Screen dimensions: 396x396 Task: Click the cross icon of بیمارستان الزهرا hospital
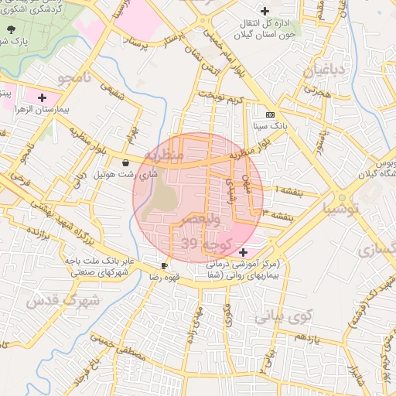coord(42,97)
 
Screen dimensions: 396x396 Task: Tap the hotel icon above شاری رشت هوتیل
coord(125,162)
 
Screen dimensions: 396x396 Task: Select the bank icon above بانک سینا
coord(270,113)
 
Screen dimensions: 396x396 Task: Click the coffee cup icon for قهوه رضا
coord(165,265)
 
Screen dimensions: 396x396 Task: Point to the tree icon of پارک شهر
coord(10,29)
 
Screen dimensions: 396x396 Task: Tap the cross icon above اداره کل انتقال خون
coord(265,11)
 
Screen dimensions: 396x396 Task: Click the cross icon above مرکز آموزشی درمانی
coord(244,252)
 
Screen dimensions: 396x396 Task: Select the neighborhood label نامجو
coord(74,77)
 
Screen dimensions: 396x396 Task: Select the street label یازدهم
coord(308,338)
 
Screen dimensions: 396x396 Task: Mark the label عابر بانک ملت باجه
coord(94,261)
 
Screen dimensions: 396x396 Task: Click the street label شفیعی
coord(115,93)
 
